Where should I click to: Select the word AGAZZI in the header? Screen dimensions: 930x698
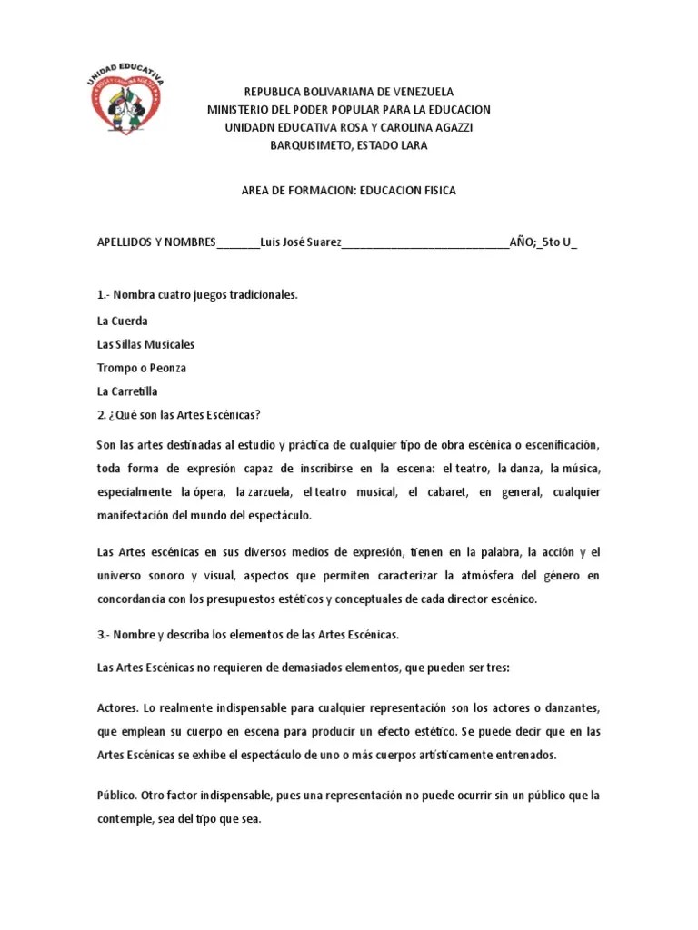pyautogui.click(x=449, y=127)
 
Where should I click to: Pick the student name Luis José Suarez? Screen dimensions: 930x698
pyautogui.click(x=301, y=242)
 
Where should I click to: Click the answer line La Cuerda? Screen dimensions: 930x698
pyautogui.click(x=122, y=321)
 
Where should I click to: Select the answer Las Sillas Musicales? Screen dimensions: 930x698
pyautogui.click(x=145, y=344)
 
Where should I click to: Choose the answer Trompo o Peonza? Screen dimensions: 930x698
pyautogui.click(x=141, y=368)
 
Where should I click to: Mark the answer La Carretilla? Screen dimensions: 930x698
pyautogui.click(x=127, y=391)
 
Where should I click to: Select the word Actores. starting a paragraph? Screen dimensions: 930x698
pyautogui.click(x=115, y=707)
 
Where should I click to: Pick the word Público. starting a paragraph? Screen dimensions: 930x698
pyautogui.click(x=116, y=795)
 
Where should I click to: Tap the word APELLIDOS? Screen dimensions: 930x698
pyautogui.click(x=124, y=242)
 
